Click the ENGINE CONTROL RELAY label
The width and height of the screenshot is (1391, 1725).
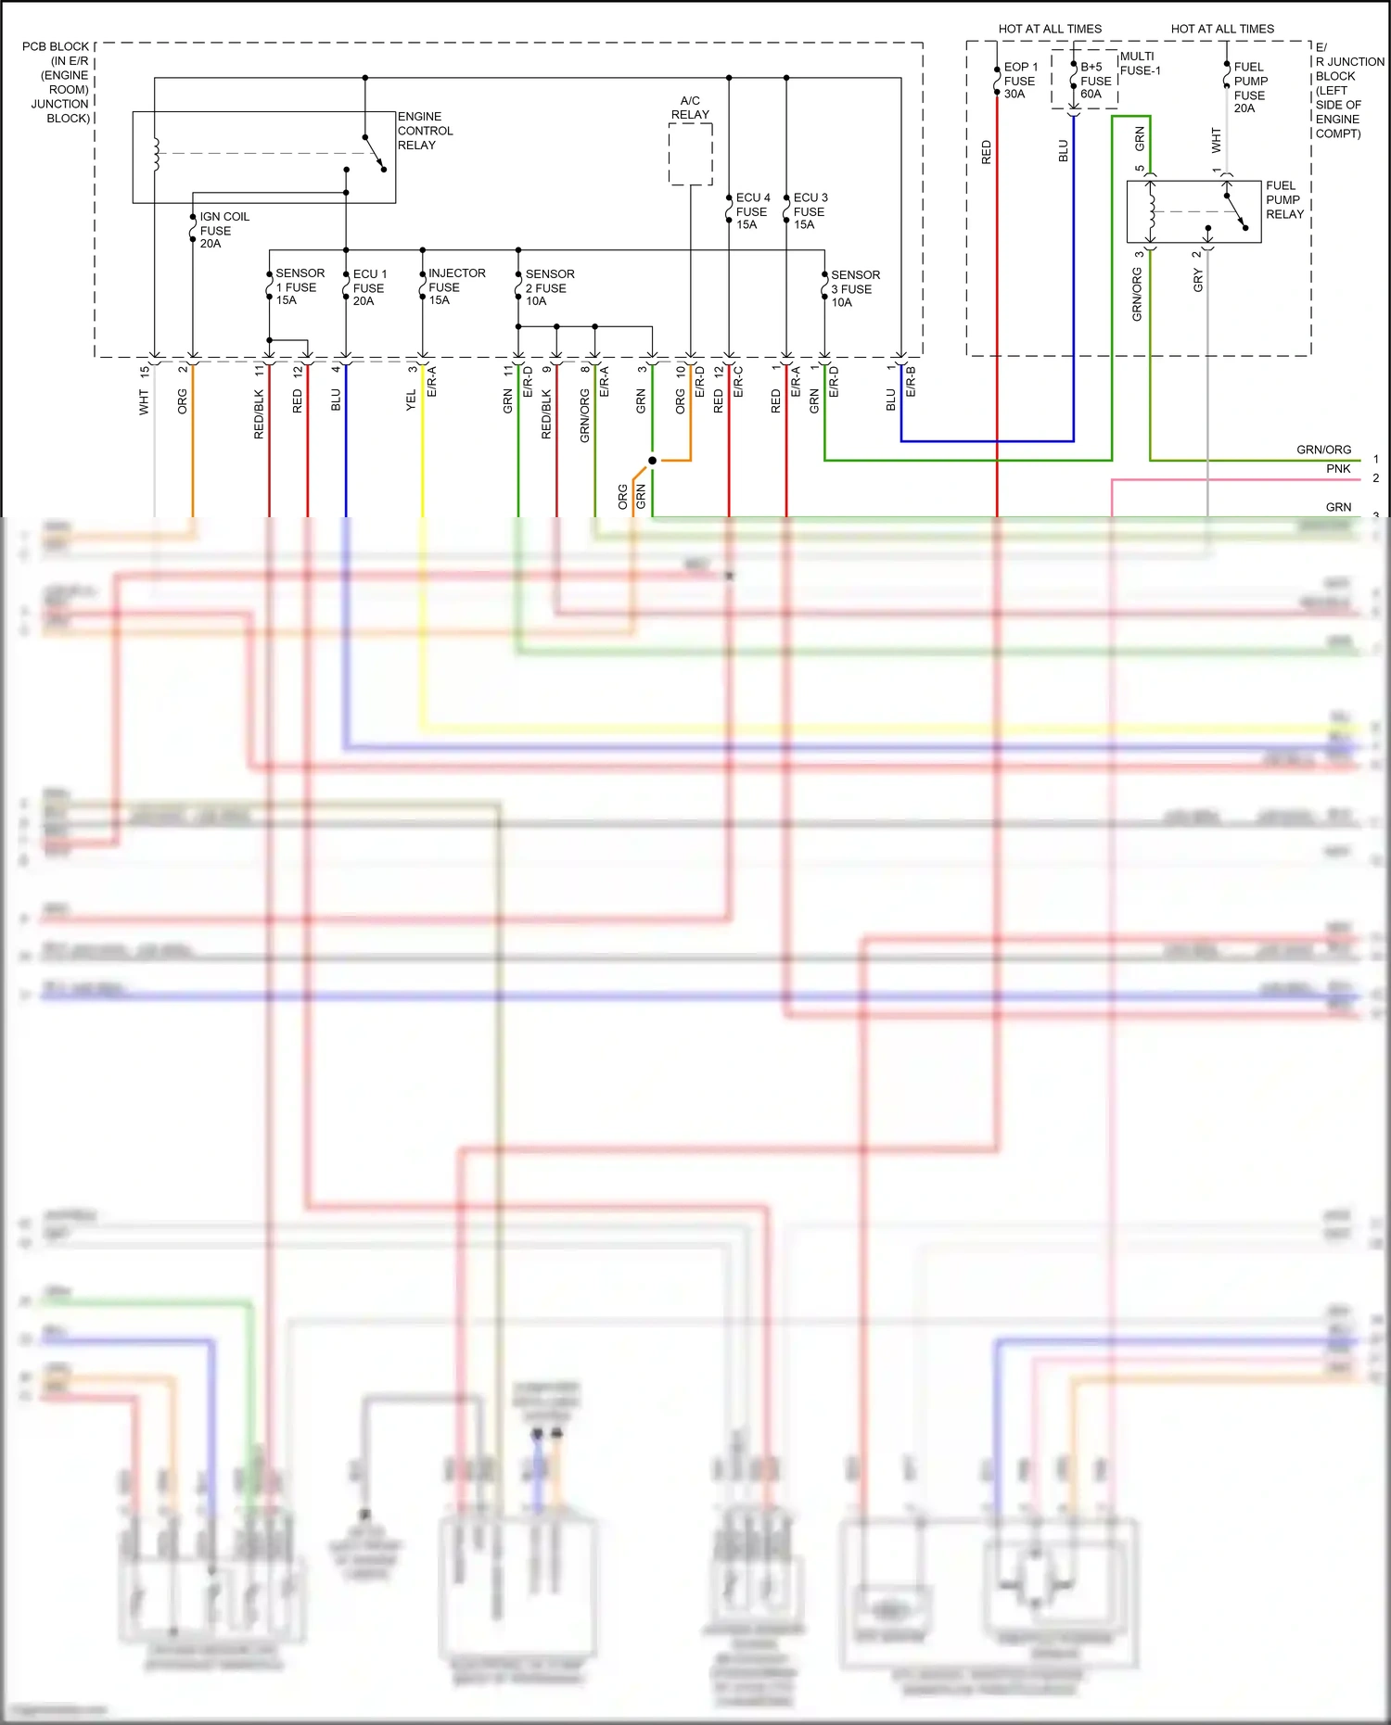click(425, 131)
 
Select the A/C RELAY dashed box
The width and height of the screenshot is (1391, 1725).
click(691, 154)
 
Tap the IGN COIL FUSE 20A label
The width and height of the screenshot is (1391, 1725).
click(223, 230)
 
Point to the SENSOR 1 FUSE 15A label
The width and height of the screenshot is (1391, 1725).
click(300, 286)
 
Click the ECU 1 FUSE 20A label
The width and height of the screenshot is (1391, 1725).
click(369, 287)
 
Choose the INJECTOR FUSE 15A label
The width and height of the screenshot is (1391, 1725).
click(455, 286)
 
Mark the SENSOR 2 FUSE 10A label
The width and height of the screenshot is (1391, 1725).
click(549, 287)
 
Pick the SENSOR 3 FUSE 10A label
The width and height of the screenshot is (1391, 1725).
click(854, 288)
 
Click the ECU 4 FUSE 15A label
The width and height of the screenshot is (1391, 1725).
click(752, 211)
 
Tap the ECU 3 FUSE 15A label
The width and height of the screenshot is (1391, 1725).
click(810, 211)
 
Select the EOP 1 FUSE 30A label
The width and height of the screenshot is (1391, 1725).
click(1020, 81)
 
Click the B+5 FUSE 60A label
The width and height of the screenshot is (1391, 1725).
click(1094, 81)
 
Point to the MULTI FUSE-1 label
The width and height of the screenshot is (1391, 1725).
click(1140, 63)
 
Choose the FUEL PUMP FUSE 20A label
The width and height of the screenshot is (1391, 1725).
click(1249, 87)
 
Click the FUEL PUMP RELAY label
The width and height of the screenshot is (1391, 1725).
click(1284, 199)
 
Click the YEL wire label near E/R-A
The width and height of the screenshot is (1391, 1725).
click(411, 400)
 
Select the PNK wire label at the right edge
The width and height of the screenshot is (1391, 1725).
click(1337, 469)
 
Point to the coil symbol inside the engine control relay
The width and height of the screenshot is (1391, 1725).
click(156, 154)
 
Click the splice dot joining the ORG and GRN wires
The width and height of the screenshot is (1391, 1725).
click(652, 461)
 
